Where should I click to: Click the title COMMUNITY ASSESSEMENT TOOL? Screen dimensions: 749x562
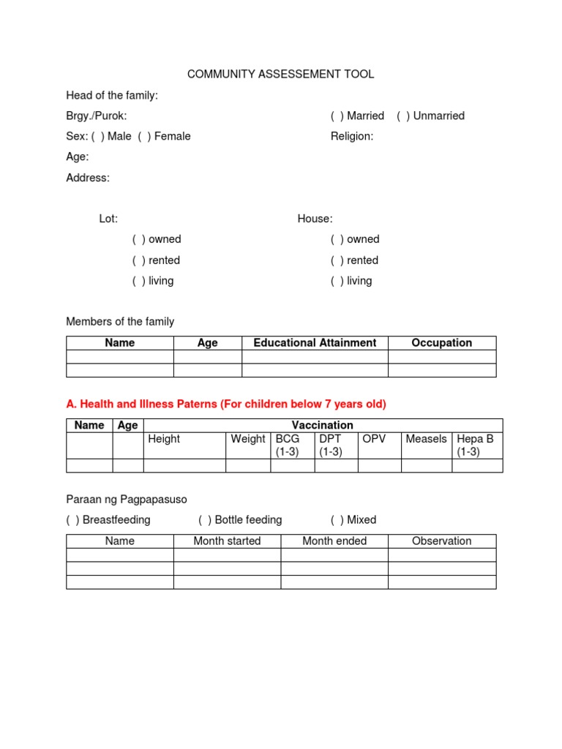pyautogui.click(x=280, y=74)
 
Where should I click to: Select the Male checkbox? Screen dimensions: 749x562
pyautogui.click(x=98, y=136)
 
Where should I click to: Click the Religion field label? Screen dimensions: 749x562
pyautogui.click(x=352, y=136)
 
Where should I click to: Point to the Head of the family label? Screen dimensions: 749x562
pyautogui.click(x=112, y=95)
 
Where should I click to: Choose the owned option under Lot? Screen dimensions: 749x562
pyautogui.click(x=139, y=239)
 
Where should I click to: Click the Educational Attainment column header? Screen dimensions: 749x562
pyautogui.click(x=315, y=343)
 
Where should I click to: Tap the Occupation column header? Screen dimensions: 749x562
pyautogui.click(x=442, y=343)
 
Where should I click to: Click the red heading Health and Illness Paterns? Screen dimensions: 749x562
pyautogui.click(x=226, y=404)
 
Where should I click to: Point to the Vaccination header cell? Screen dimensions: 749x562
pyautogui.click(x=323, y=425)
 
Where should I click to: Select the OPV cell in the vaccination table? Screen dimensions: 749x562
pyautogui.click(x=374, y=439)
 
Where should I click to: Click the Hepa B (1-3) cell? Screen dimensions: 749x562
pyautogui.click(x=476, y=445)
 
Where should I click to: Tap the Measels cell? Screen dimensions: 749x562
pyautogui.click(x=426, y=439)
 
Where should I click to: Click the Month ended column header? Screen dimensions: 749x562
pyautogui.click(x=334, y=541)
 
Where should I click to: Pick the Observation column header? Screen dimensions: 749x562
pyautogui.click(x=442, y=541)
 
